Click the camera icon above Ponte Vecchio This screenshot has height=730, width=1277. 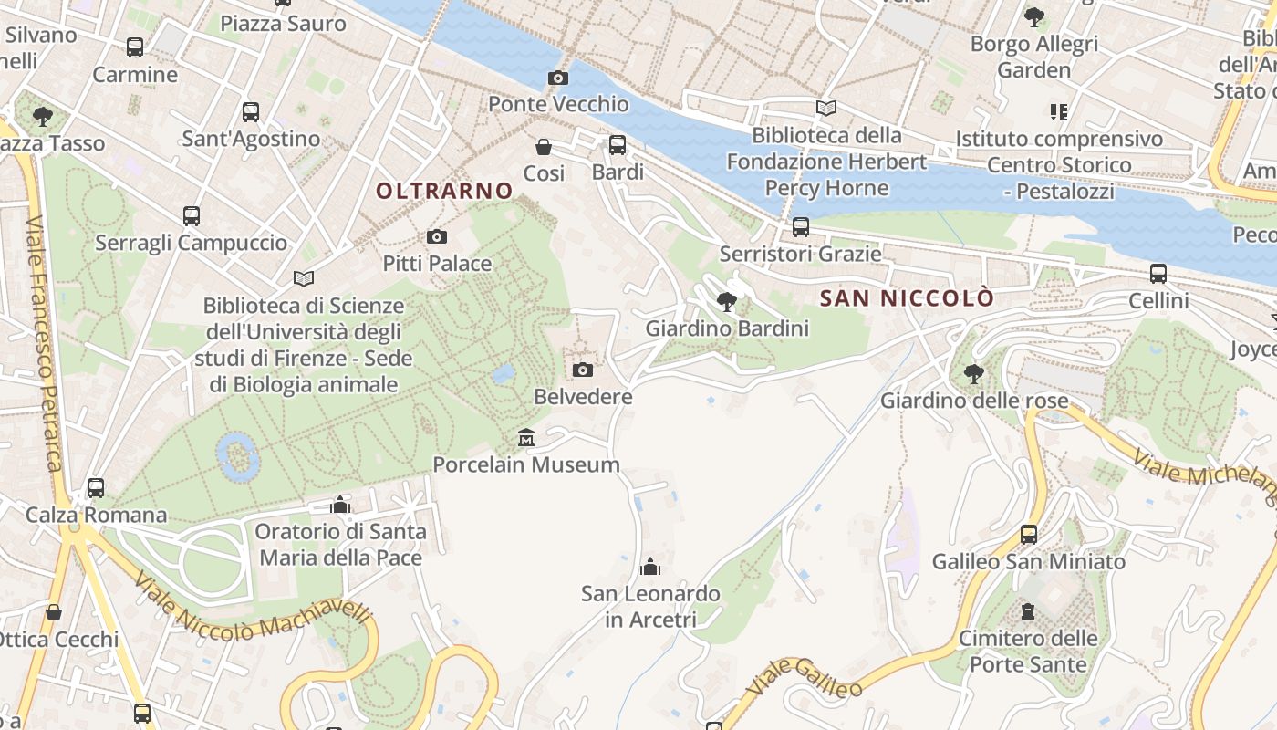[558, 78]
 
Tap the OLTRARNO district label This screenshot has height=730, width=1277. [444, 191]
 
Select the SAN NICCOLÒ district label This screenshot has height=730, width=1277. [907, 298]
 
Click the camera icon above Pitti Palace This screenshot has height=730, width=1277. [437, 237]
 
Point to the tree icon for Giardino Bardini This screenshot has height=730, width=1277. [727, 301]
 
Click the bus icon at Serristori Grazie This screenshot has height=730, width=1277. [801, 226]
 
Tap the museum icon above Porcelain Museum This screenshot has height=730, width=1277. [526, 439]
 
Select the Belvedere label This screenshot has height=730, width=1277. [583, 397]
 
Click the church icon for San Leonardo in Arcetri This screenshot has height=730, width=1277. [650, 568]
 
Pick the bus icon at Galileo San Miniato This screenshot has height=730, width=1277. [1029, 535]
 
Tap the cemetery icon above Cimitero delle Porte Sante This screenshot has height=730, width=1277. [1028, 611]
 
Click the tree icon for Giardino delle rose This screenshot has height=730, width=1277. [974, 373]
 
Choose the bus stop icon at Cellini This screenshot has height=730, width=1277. [1158, 273]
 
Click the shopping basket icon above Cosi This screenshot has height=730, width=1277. [544, 147]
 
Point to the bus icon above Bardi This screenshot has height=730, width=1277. [618, 144]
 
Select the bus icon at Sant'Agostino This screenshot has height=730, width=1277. [251, 112]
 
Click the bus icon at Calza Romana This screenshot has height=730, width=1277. [96, 488]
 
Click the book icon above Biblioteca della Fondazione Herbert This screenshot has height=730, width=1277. [826, 109]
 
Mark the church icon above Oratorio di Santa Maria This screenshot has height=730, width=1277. [340, 506]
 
